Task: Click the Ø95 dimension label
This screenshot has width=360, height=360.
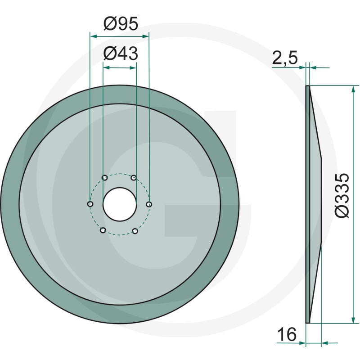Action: pyautogui.click(x=121, y=24)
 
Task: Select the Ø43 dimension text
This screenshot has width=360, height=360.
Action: pyautogui.click(x=121, y=54)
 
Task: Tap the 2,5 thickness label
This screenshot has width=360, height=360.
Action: pyautogui.click(x=285, y=58)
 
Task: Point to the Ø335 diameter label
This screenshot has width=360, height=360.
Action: pyautogui.click(x=342, y=195)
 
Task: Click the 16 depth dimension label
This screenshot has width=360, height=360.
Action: pyautogui.click(x=287, y=334)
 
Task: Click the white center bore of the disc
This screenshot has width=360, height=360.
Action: pyautogui.click(x=120, y=205)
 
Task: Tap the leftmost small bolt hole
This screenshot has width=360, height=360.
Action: pyautogui.click(x=90, y=204)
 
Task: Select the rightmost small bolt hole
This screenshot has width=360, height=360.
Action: pyautogui.click(x=149, y=204)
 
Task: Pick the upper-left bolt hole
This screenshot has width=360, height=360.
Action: pyautogui.click(x=105, y=178)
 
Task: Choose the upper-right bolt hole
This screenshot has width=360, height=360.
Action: pyautogui.click(x=134, y=178)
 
